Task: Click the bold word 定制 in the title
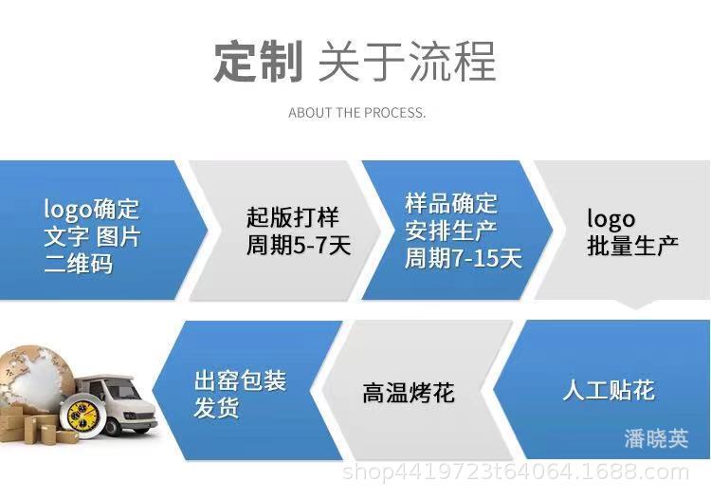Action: (258, 62)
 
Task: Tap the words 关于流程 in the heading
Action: (407, 62)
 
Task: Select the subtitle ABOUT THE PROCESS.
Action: (356, 113)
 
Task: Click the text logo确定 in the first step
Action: (91, 209)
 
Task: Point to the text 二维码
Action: (78, 264)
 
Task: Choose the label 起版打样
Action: (293, 217)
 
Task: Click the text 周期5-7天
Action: (299, 246)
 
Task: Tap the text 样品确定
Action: (451, 203)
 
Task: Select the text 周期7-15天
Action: (463, 258)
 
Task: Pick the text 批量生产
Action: (632, 246)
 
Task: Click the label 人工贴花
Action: (609, 390)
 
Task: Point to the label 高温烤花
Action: (408, 393)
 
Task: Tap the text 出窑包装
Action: (241, 380)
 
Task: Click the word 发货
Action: (216, 407)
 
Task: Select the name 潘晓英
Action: (656, 438)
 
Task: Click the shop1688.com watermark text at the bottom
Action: (516, 472)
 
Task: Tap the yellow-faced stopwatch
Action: (82, 416)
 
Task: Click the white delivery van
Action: (116, 402)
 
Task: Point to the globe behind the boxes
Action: (34, 378)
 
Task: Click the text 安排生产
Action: (451, 231)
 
